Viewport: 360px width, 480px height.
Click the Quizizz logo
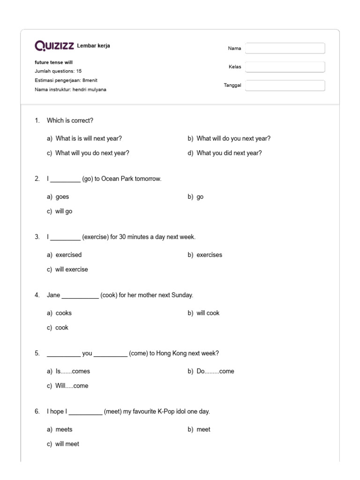[x=54, y=45]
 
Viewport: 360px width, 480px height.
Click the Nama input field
[x=285, y=48]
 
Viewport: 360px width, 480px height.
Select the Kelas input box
[x=285, y=67]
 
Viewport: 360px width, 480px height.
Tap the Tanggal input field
[x=285, y=85]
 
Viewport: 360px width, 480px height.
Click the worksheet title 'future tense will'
[x=53, y=62]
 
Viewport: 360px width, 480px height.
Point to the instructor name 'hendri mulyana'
[x=90, y=90]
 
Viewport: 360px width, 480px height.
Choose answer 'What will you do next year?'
[x=92, y=153]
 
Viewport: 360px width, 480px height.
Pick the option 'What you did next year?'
[x=229, y=153]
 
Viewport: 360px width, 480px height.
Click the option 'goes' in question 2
[x=62, y=197]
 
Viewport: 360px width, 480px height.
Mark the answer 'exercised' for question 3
[x=68, y=255]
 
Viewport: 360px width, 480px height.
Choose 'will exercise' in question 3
[x=71, y=270]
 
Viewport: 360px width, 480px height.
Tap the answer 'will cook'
[x=208, y=313]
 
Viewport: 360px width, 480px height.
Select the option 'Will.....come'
[x=72, y=386]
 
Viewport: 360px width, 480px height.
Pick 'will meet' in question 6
[x=67, y=444]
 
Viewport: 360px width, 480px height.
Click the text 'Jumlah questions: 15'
[x=58, y=71]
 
